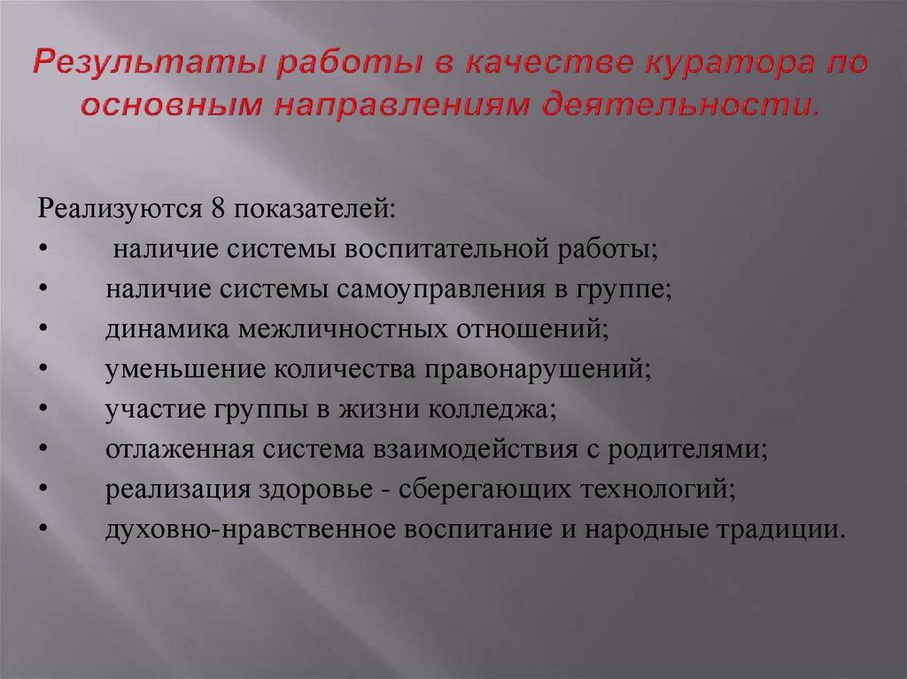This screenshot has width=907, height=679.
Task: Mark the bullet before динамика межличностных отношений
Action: coord(43,331)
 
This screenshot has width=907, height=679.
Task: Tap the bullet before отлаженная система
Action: coord(43,451)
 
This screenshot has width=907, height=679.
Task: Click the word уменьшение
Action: coord(165,369)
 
